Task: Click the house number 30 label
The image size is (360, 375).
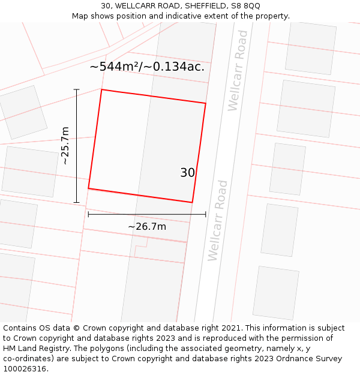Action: click(187, 173)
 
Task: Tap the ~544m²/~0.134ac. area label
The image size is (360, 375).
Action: click(147, 67)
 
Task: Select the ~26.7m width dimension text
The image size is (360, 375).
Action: click(147, 226)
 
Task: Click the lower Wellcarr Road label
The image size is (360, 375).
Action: click(218, 220)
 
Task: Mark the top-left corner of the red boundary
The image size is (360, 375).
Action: click(101, 89)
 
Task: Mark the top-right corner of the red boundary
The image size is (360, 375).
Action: click(206, 103)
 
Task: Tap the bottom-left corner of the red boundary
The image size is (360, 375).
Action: click(88, 188)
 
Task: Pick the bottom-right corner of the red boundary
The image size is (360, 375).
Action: click(192, 202)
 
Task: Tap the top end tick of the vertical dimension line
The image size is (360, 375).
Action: click(76, 89)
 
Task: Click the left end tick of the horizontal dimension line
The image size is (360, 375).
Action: click(88, 214)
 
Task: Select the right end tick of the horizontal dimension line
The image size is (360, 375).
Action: click(206, 214)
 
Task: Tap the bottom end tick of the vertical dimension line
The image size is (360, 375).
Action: click(76, 202)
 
